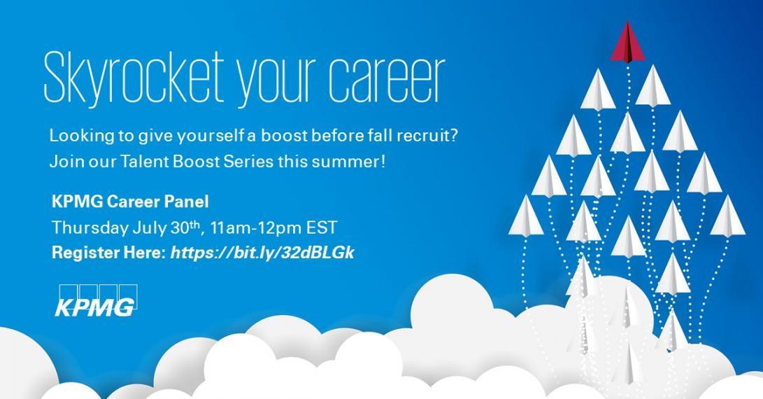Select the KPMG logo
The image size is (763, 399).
(x=96, y=300)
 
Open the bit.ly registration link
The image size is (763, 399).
(x=262, y=253)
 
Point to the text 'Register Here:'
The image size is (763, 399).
(x=109, y=253)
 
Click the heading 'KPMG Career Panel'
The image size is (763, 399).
(x=130, y=201)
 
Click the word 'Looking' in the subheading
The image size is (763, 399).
(x=81, y=136)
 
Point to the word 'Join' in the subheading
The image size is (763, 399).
(x=66, y=161)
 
